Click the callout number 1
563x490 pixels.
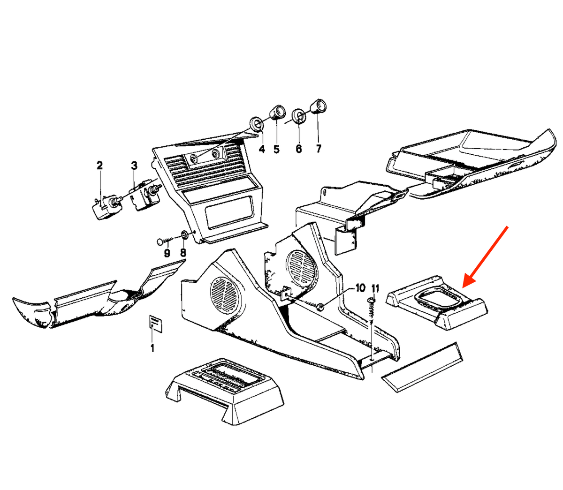(x=152, y=348)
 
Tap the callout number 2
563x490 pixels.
(x=99, y=165)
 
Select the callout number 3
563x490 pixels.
(x=134, y=166)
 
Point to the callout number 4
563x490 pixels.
(x=262, y=149)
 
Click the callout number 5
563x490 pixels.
(x=276, y=149)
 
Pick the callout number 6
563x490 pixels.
(x=298, y=149)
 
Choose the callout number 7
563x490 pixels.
(x=319, y=149)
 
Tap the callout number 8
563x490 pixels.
(x=183, y=252)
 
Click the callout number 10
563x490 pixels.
(x=360, y=288)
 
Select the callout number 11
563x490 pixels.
(x=375, y=289)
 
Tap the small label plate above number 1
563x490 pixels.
(x=155, y=324)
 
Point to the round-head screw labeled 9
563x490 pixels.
(x=164, y=241)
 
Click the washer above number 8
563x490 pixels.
(x=184, y=235)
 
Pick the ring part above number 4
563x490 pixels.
(x=257, y=124)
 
